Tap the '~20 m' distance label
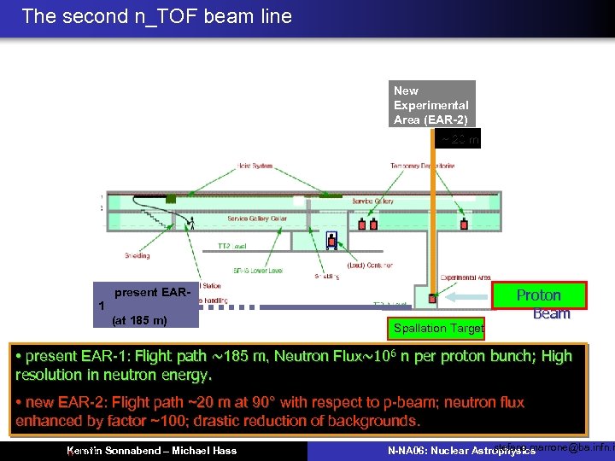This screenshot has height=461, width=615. (460, 139)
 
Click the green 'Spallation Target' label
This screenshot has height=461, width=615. (439, 328)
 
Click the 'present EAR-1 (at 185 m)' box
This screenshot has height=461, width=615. (147, 306)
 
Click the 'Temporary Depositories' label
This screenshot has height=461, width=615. (422, 166)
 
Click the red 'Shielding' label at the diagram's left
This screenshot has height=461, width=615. (138, 254)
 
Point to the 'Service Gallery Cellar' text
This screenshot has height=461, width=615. (257, 219)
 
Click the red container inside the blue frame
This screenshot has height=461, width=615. (331, 242)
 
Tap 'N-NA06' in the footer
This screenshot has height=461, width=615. (408, 450)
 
